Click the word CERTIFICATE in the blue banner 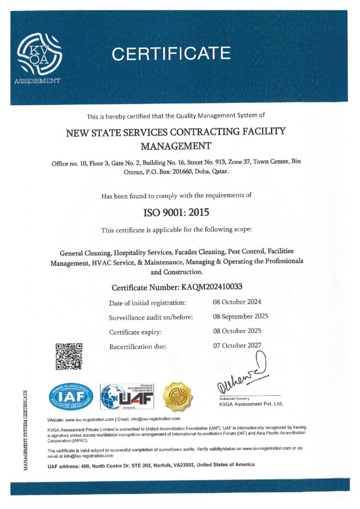click(x=171, y=53)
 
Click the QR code click(x=68, y=356)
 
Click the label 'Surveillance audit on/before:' click(x=151, y=317)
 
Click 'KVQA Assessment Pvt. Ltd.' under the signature click(x=251, y=404)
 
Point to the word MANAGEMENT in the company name click(x=176, y=146)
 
